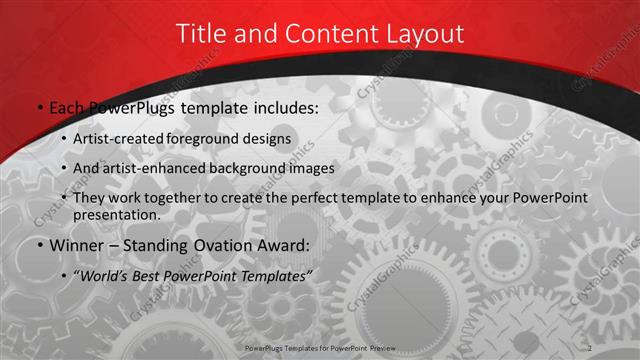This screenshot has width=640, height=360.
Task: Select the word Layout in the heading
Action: [x=427, y=33]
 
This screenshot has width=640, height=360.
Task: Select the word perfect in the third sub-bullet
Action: [x=315, y=198]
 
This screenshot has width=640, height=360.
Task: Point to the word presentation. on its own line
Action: [x=117, y=215]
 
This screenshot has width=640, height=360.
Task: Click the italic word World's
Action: [x=106, y=275]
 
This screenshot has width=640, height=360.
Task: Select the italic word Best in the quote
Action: [x=151, y=275]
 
